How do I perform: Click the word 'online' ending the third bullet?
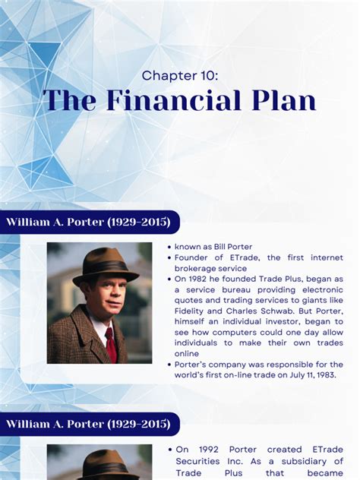(x=189, y=353)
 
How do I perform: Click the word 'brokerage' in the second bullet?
(x=199, y=268)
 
